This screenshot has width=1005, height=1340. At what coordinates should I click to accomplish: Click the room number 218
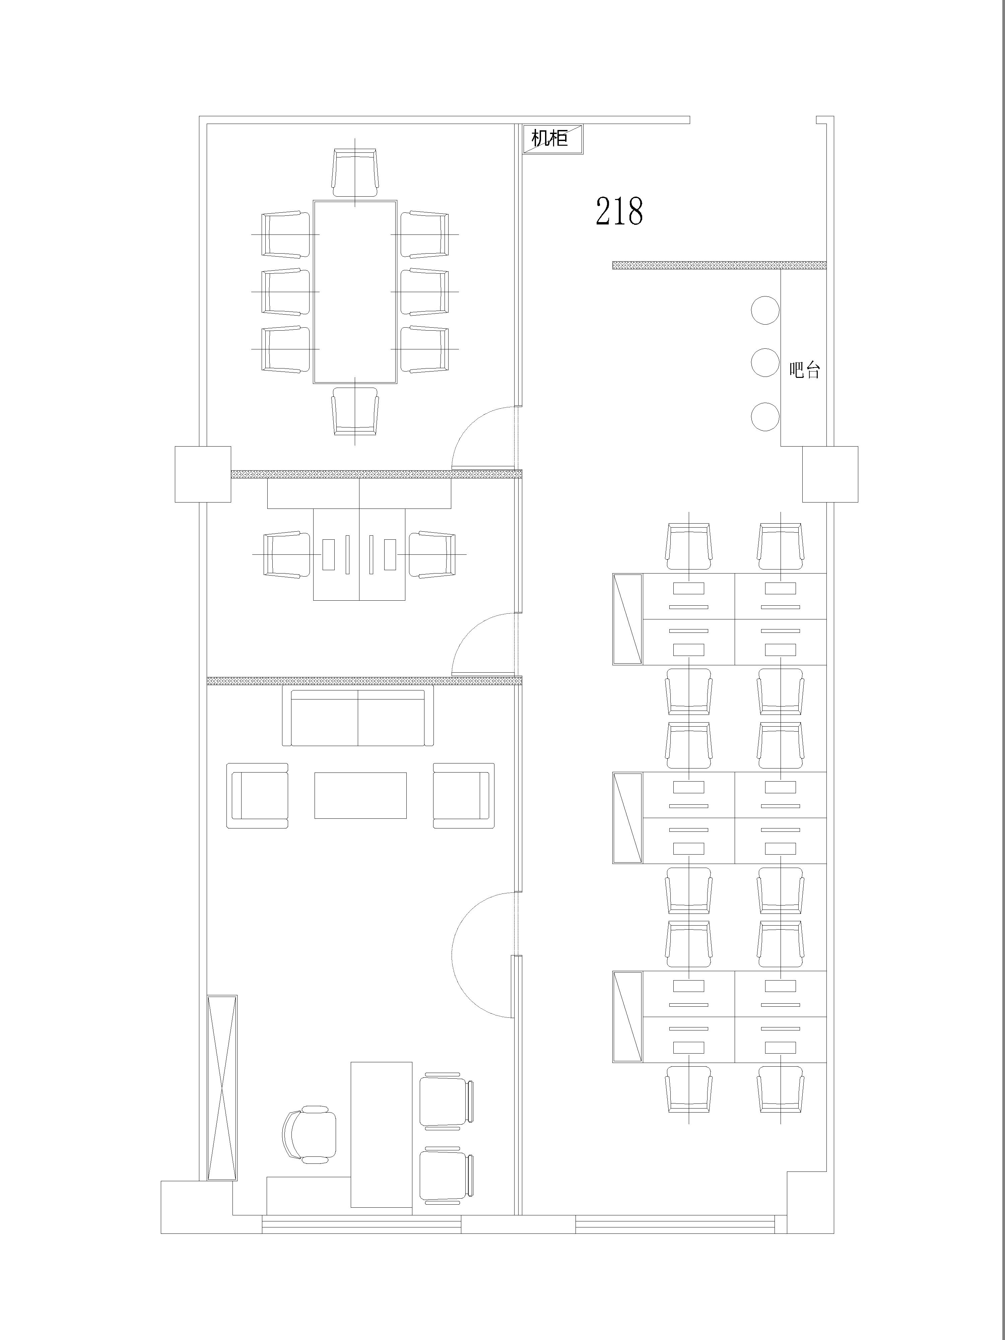pyautogui.click(x=619, y=211)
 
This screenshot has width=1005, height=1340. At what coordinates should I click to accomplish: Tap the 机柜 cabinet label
pyautogui.click(x=549, y=138)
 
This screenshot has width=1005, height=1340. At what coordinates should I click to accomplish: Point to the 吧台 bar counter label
pyautogui.click(x=804, y=370)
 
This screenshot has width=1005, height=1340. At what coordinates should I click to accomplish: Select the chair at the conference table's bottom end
pyautogui.click(x=355, y=411)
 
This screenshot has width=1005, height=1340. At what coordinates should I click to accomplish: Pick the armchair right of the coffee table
pyautogui.click(x=463, y=795)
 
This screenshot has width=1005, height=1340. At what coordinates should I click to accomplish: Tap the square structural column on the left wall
pyautogui.click(x=203, y=474)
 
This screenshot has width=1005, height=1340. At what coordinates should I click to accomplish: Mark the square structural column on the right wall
pyautogui.click(x=830, y=474)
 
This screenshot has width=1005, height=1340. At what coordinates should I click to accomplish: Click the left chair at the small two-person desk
pyautogui.click(x=283, y=554)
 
